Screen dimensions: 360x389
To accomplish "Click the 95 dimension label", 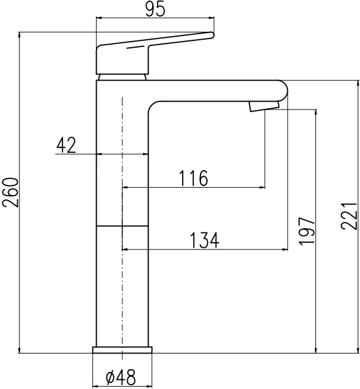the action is (155, 9).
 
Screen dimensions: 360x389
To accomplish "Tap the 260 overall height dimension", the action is (10, 192).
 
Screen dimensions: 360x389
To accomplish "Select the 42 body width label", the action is (66, 146).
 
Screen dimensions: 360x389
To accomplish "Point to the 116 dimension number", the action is (193, 179).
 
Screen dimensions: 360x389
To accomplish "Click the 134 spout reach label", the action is (205, 240).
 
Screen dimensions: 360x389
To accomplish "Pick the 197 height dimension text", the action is (307, 231).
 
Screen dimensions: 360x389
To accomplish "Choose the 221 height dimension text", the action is (349, 217).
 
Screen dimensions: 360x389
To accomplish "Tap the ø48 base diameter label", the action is (121, 377).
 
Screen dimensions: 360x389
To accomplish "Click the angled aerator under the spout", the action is (264, 106).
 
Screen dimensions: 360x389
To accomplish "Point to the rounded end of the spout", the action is (284, 91).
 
